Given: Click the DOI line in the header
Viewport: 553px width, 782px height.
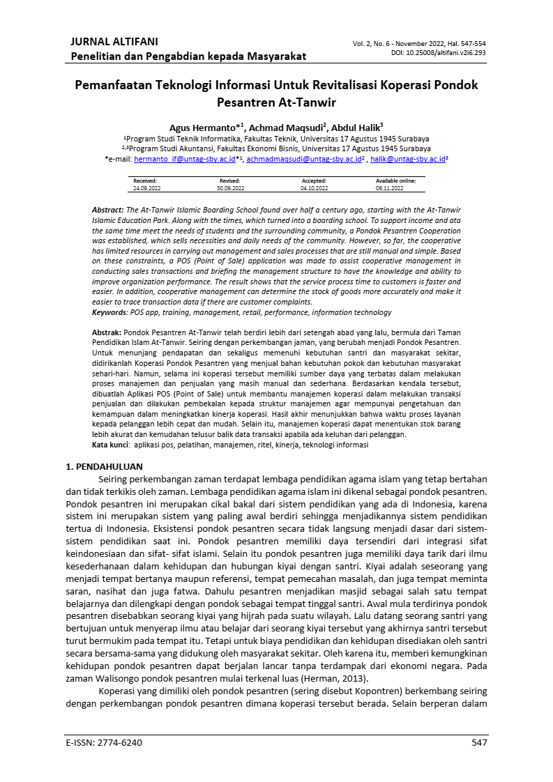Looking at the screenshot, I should tap(439, 52).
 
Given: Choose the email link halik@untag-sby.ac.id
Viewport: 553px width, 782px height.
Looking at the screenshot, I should tap(407, 159).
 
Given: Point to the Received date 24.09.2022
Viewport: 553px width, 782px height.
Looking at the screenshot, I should tap(146, 188).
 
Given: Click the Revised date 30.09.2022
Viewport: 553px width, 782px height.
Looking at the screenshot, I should tap(229, 188).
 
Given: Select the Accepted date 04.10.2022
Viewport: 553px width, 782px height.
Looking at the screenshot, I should tap(313, 188).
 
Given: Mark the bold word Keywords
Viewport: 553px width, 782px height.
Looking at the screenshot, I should tap(109, 313).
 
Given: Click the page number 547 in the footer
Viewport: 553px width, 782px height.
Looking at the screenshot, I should tap(478, 742).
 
